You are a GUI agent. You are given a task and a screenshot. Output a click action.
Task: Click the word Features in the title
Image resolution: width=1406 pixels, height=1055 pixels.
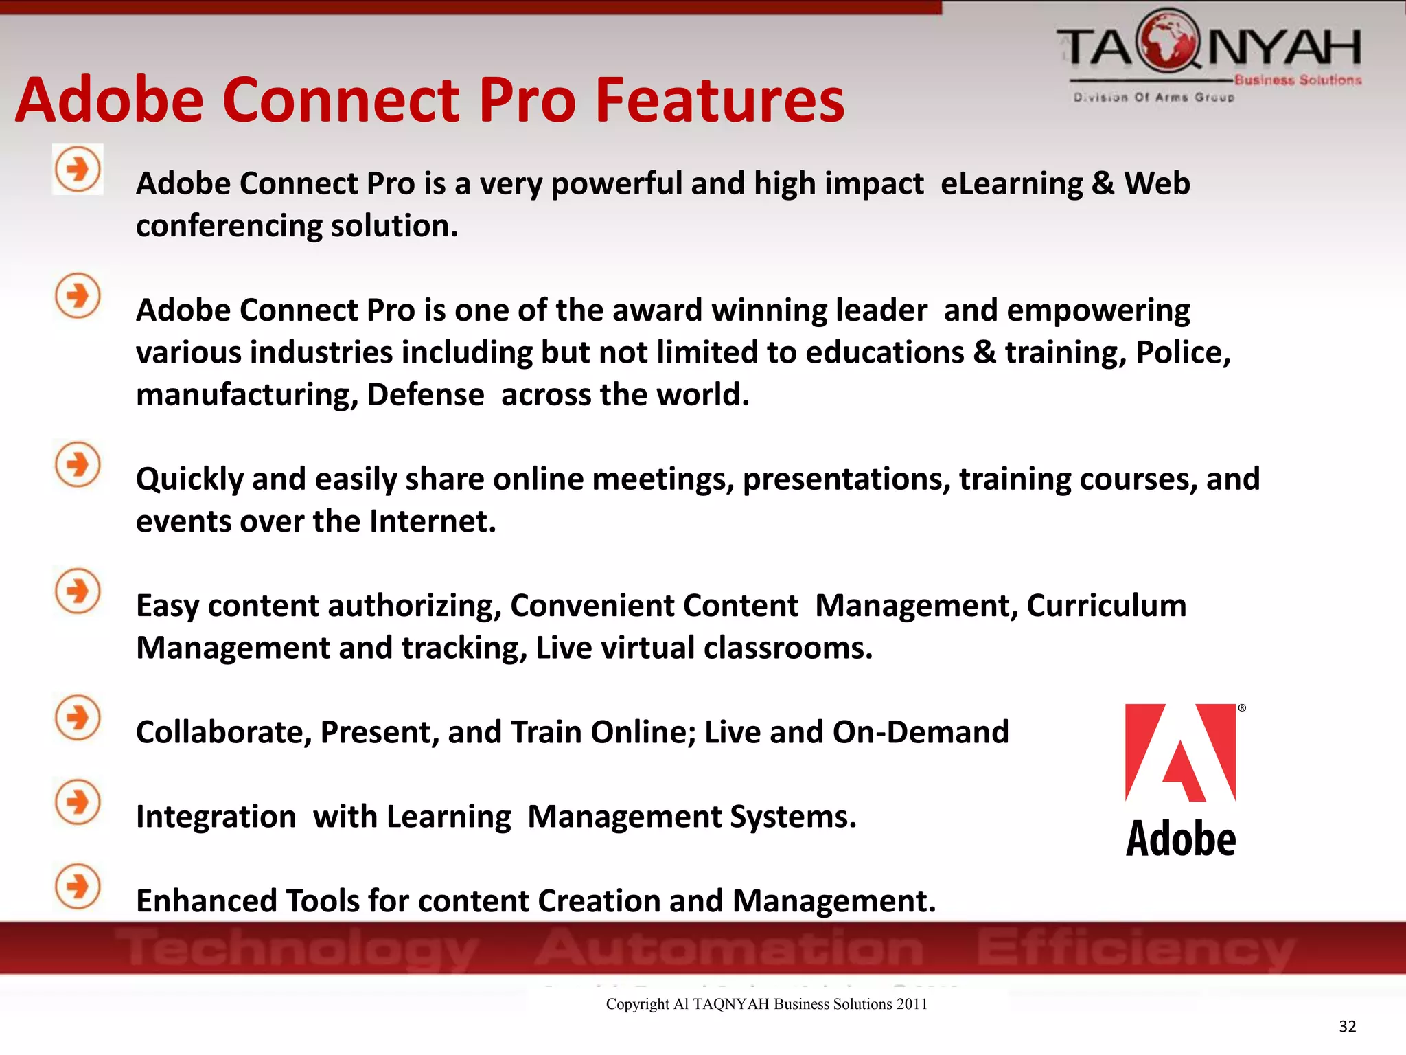719,100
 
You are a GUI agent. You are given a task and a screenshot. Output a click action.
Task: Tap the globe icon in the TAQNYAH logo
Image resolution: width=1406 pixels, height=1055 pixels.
1167,41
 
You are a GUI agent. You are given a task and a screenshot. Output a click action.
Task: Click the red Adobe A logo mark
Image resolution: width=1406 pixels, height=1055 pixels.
1180,753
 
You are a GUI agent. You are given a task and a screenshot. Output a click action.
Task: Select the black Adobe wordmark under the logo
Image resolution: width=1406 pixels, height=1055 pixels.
1181,839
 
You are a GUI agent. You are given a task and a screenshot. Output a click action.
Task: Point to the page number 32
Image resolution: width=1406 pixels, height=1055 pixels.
1347,1026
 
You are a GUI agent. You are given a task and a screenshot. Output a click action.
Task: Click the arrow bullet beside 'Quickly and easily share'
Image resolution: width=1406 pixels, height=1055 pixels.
78,464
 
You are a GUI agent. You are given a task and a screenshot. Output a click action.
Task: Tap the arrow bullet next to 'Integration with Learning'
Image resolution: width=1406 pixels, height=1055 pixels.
78,802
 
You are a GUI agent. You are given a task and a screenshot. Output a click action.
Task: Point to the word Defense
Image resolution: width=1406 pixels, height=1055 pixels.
426,395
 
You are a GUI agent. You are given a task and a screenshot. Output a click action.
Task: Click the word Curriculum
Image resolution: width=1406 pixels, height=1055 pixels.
1106,606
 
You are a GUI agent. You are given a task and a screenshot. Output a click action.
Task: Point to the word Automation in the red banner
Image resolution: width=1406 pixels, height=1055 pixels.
729,948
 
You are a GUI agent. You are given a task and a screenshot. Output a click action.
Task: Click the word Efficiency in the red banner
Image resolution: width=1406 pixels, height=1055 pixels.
1136,949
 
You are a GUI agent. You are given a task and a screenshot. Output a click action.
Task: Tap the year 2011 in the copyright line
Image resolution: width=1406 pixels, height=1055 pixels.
912,1004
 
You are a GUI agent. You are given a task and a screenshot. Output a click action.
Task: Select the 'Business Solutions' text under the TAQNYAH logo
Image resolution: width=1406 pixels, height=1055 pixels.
1298,80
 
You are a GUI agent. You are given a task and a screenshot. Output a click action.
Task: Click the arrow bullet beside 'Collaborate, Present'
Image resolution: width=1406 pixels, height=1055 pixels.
78,718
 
